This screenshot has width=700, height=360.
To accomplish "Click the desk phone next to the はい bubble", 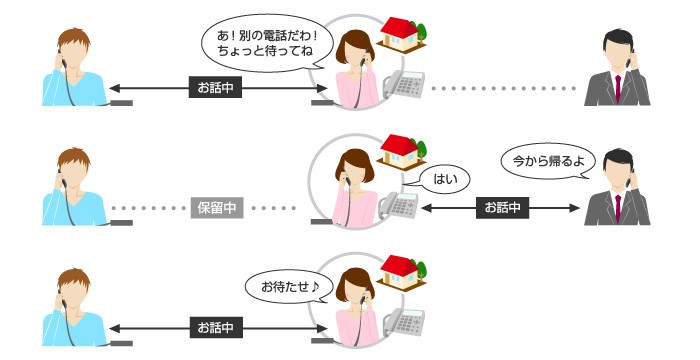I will coord(399,207).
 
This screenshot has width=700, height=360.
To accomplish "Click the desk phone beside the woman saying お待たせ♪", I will coord(405,322).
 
